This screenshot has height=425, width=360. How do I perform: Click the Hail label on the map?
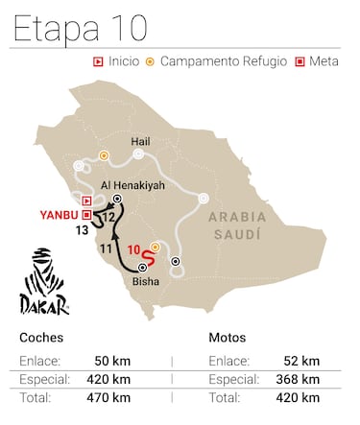point(138,139)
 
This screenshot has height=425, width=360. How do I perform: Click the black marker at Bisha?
point(143,268)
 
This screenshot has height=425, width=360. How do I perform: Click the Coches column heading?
point(38,338)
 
